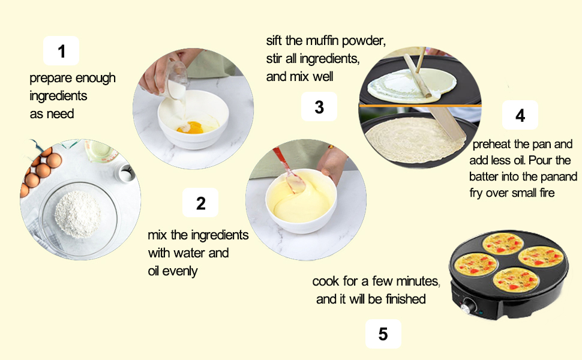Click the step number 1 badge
(61, 51)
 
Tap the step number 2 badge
(200, 203)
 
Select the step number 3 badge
(319, 107)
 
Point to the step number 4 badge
(520, 115)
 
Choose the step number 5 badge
(383, 334)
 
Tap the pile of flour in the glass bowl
(77, 214)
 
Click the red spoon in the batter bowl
(290, 170)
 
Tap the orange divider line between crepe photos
(420, 106)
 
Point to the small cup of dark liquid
(126, 173)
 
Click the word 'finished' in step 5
(406, 299)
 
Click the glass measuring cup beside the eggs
(99, 151)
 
